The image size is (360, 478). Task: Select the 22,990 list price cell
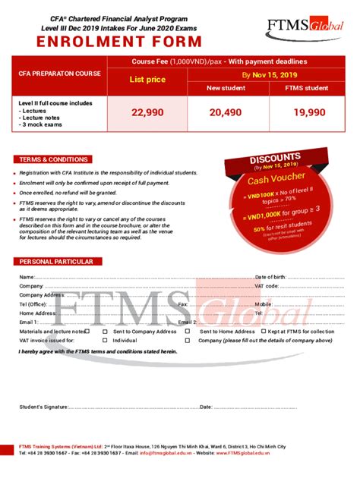(147, 112)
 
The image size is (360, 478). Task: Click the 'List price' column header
(147, 79)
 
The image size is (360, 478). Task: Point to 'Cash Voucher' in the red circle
(275, 180)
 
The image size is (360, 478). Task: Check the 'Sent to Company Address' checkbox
(106, 332)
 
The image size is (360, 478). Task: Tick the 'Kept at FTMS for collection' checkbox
(264, 332)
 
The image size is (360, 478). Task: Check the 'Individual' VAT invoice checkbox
(106, 341)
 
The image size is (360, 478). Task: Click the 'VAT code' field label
(267, 286)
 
